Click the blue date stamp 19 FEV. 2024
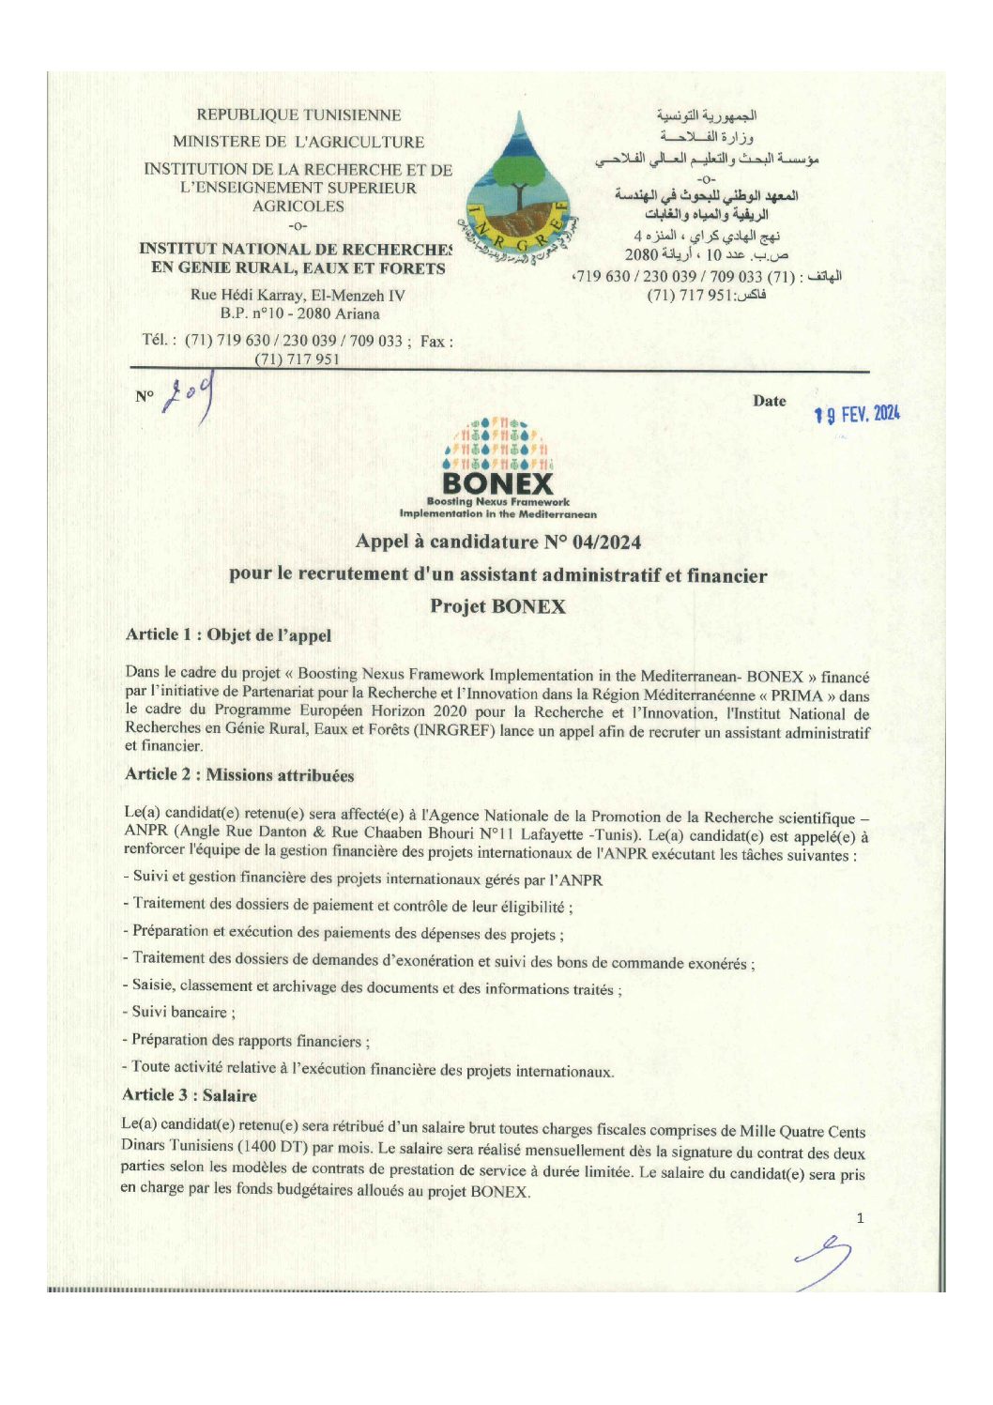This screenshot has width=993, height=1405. [x=857, y=414]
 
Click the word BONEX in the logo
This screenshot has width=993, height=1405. [x=497, y=484]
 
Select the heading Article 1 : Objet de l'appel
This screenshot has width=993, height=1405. [x=228, y=635]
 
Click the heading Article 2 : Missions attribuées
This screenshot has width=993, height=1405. [x=239, y=775]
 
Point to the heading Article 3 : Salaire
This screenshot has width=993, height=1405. [x=190, y=1095]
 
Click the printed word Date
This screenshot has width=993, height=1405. [x=769, y=401]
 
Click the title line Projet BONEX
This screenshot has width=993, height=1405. [x=497, y=606]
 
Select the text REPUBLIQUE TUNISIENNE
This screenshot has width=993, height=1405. [x=298, y=115]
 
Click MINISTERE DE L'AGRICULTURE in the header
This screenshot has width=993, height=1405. [x=298, y=142]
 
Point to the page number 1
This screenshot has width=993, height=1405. [x=860, y=1218]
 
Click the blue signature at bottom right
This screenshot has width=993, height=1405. [x=823, y=1261]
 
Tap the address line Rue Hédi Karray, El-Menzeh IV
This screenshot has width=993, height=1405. [x=298, y=295]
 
